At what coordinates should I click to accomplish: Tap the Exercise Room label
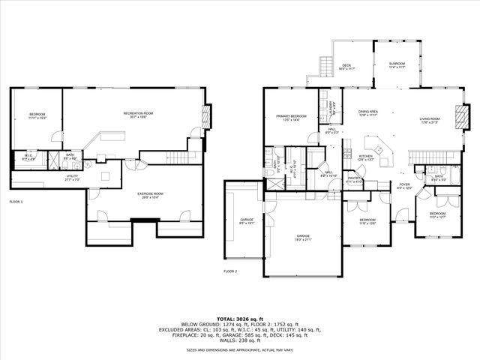[x=150, y=195]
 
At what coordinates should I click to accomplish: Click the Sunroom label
[x=397, y=65]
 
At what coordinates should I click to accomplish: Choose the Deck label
[x=346, y=67]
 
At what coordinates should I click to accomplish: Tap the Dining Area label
[x=367, y=113]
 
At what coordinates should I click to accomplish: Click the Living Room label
[x=430, y=120]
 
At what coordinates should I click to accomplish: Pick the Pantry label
[x=354, y=180]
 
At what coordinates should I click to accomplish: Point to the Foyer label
[x=404, y=185]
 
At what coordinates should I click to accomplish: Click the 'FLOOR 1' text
[x=16, y=202]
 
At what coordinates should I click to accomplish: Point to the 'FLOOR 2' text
[x=230, y=271]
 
